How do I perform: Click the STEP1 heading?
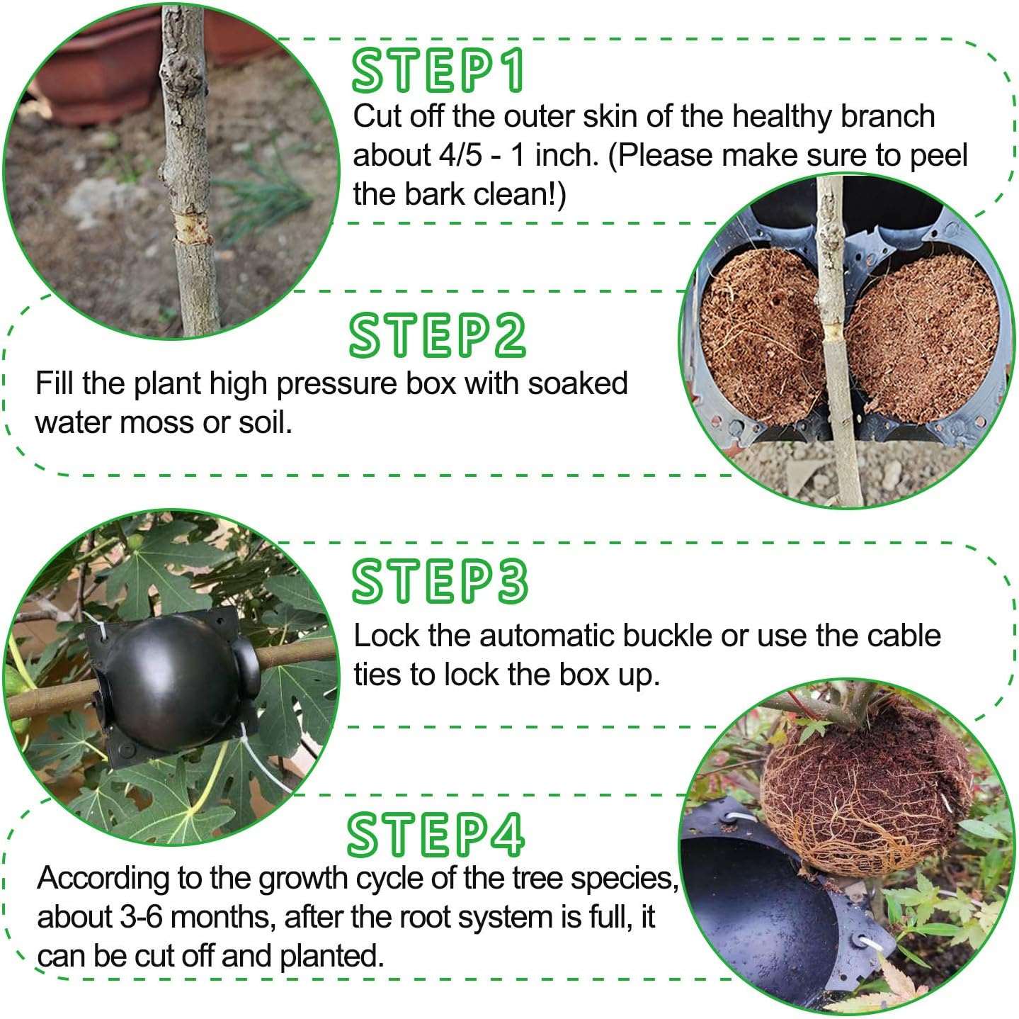coord(438,70)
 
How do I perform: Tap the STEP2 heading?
coord(437,334)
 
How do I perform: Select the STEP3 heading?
coord(440,581)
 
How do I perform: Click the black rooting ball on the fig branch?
coord(170,684)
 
